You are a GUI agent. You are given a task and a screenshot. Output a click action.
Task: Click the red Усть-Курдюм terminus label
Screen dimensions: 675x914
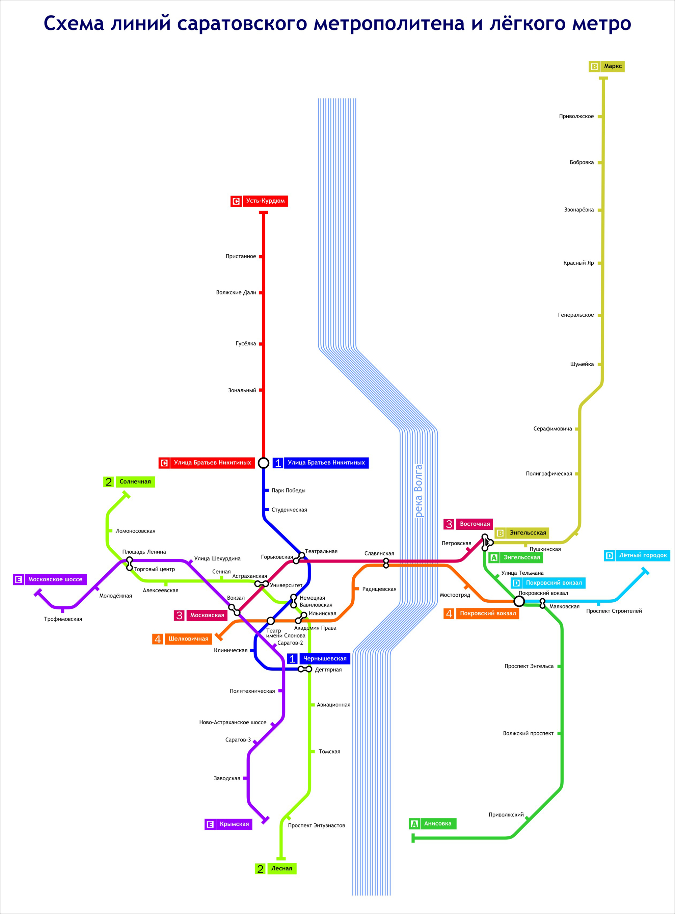[260, 201]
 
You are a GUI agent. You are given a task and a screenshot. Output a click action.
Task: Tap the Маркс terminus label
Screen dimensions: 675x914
[606, 67]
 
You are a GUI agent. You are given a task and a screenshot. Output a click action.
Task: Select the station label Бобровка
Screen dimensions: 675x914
[582, 163]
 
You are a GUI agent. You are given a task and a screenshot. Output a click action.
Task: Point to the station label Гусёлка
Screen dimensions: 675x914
[246, 344]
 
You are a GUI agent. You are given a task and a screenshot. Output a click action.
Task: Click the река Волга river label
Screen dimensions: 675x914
[418, 491]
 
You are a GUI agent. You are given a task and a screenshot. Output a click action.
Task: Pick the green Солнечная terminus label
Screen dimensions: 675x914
[129, 482]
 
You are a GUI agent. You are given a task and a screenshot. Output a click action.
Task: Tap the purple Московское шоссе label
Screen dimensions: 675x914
[50, 579]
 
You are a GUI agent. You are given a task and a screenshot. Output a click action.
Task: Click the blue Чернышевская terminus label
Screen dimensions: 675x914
[319, 658]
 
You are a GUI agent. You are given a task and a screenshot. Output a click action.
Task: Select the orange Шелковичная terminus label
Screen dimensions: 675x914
[182, 639]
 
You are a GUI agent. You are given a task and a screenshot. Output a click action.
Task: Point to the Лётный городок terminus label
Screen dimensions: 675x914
[637, 555]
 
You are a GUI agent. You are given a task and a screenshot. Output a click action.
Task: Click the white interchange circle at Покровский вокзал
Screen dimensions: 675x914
[519, 601]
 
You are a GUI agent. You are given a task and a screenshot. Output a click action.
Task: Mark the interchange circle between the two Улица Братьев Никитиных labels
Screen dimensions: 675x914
[264, 463]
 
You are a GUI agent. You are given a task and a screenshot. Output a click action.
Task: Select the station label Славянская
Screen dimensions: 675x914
[379, 553]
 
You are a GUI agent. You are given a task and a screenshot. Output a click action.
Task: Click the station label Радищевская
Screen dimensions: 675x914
[379, 589]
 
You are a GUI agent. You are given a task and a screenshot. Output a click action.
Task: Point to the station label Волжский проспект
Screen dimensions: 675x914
[528, 733]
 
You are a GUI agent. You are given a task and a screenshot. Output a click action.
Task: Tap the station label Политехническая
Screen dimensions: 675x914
[252, 691]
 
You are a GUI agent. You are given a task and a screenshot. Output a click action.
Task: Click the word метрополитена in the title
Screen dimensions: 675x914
[389, 23]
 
